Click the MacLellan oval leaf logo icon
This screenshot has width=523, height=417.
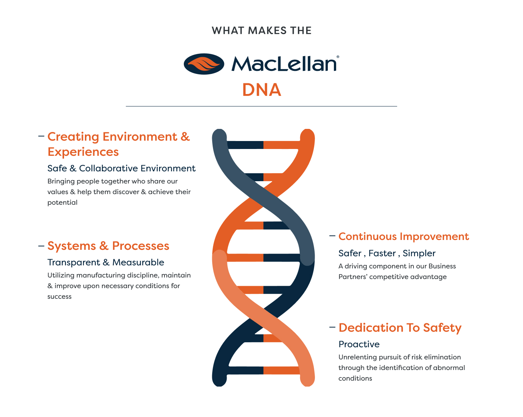(x=204, y=64)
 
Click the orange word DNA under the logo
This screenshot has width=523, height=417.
(x=261, y=90)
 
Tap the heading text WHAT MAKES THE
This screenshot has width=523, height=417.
(x=261, y=31)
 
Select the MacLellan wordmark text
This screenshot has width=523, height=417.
(x=283, y=64)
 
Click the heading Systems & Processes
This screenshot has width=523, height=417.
(x=108, y=246)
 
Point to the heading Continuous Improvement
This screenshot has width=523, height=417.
(x=403, y=237)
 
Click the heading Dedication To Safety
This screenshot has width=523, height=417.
(x=399, y=328)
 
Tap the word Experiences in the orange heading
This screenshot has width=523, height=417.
(x=83, y=152)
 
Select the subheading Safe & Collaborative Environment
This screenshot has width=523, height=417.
(x=121, y=168)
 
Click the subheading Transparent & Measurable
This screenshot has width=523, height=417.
(x=106, y=262)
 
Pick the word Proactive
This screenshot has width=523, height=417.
(x=359, y=344)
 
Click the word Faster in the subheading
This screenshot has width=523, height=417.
(x=382, y=253)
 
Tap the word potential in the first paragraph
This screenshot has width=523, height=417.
(x=62, y=202)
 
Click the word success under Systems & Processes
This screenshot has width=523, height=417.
(x=59, y=296)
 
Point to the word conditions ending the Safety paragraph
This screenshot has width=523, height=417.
(x=355, y=378)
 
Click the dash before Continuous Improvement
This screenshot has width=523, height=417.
(x=332, y=236)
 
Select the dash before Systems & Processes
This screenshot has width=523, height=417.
(x=41, y=246)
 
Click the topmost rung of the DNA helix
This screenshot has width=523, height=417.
(x=263, y=145)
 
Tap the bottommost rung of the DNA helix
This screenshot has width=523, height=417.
(x=263, y=370)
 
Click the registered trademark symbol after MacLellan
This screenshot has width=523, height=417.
(x=338, y=57)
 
